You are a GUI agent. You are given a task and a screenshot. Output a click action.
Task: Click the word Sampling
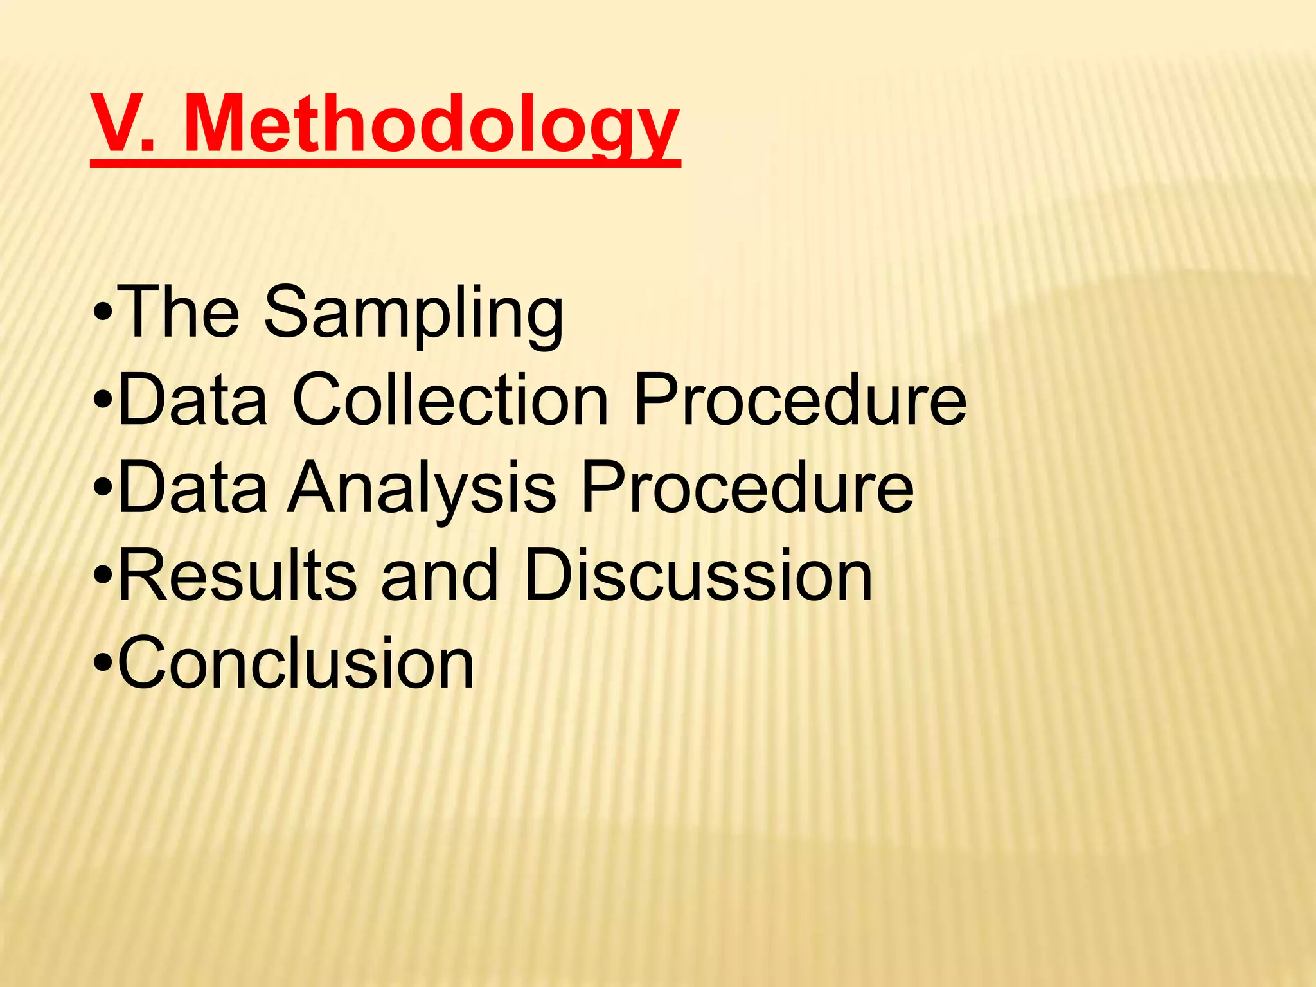tap(414, 313)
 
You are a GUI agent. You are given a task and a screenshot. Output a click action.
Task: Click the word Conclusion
tap(296, 662)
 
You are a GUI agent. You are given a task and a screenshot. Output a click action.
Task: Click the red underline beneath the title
tap(386, 164)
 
